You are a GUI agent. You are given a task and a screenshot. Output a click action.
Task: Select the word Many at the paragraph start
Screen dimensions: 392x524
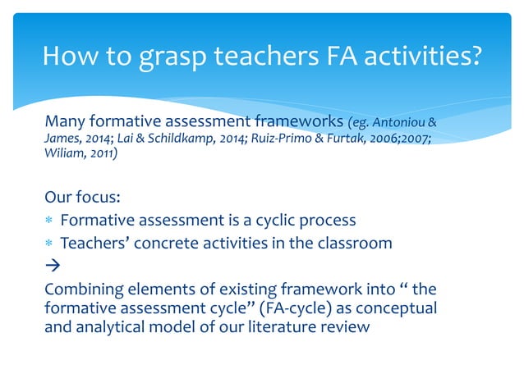(64, 123)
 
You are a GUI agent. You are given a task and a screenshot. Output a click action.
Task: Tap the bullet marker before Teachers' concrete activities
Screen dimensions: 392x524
(49, 244)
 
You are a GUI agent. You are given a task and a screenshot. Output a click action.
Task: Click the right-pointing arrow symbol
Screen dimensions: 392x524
(51, 266)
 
